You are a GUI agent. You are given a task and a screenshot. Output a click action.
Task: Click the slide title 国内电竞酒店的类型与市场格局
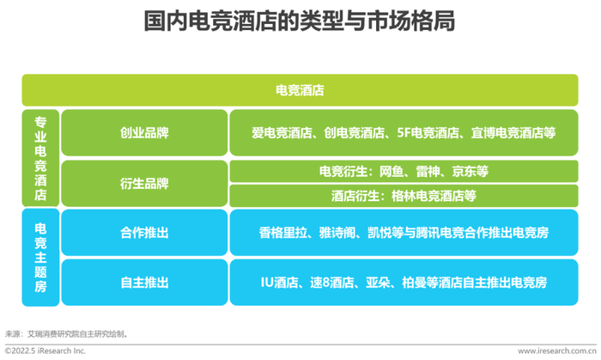tap(300, 21)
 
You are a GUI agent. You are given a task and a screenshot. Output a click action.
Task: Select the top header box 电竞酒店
tap(300, 90)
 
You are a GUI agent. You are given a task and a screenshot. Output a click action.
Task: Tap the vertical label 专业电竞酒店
tap(40, 158)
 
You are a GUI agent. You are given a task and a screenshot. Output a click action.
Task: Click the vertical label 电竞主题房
tap(40, 257)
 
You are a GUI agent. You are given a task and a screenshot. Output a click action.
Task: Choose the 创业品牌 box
tap(144, 132)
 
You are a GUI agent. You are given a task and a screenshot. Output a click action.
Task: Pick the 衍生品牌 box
tap(144, 184)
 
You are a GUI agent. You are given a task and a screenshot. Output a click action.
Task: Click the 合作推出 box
tap(144, 232)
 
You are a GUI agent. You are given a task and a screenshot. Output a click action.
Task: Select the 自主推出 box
tap(144, 283)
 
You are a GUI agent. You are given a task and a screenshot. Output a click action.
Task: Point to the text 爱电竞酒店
tap(282, 133)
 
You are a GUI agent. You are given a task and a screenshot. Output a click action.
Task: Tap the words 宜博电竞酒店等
tap(513, 133)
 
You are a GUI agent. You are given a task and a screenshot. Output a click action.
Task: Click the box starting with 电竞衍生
tap(404, 171)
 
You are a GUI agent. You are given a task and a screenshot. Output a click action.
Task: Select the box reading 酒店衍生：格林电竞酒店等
tap(404, 196)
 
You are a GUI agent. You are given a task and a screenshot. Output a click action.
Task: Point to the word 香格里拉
tap(283, 233)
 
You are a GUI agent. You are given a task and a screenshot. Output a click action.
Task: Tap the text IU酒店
tap(279, 283)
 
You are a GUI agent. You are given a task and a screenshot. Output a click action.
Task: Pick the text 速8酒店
tap(332, 283)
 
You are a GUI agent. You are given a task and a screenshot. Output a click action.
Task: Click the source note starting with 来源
tap(66, 334)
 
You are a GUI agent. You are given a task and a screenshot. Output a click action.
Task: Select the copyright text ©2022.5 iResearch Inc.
tap(46, 351)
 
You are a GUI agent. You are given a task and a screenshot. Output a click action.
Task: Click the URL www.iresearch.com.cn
tap(557, 351)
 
